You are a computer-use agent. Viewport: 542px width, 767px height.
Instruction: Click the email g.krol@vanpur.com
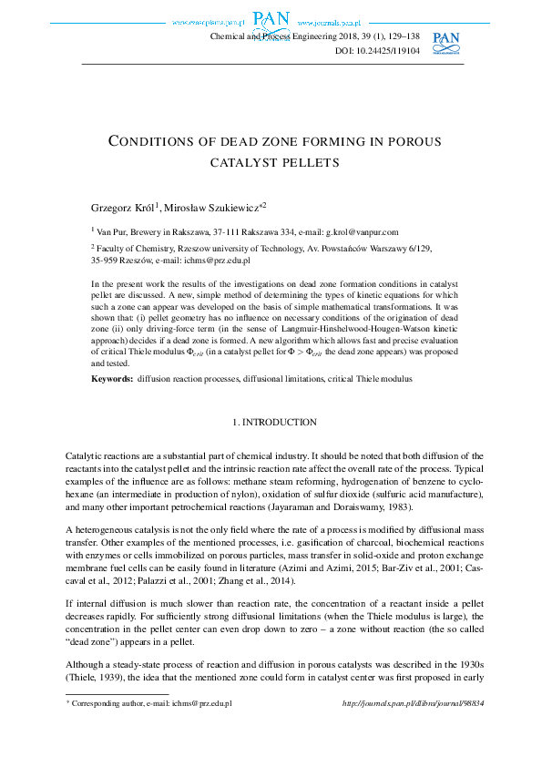(x=362, y=233)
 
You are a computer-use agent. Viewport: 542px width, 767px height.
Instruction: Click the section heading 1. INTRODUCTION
(x=275, y=423)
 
